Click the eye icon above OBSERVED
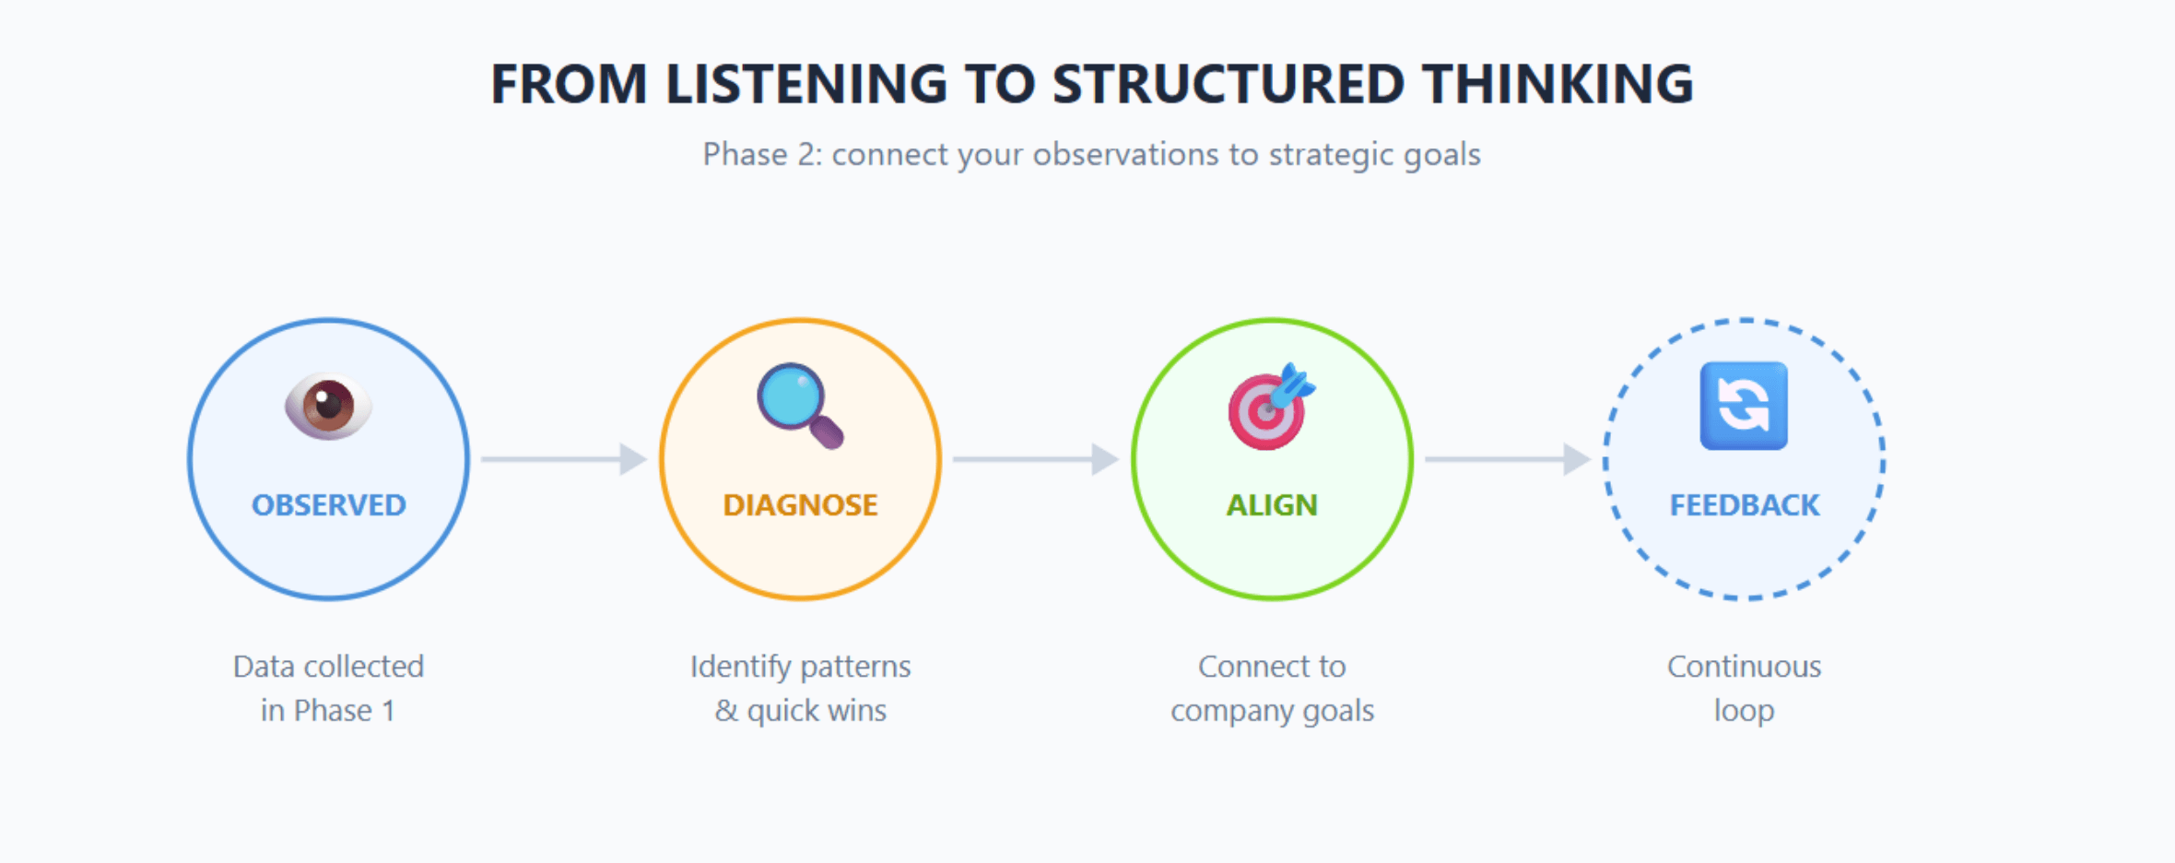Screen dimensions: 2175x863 click(x=328, y=407)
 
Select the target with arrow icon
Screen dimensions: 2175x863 click(x=1272, y=406)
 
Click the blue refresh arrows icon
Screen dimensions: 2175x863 click(x=1744, y=406)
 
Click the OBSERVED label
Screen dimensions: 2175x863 click(x=329, y=505)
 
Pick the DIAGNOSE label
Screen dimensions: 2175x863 click(x=800, y=505)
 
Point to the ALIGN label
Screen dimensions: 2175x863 click(x=1272, y=505)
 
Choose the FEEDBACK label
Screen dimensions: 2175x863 click(x=1745, y=505)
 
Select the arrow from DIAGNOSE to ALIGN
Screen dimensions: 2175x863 click(x=1036, y=458)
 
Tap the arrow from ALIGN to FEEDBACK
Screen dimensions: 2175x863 click(x=1508, y=458)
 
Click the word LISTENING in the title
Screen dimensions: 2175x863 click(x=806, y=84)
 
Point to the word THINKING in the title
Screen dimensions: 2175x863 click(x=1558, y=84)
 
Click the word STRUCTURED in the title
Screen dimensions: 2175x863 click(x=1229, y=84)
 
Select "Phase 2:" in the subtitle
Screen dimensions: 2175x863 click(x=762, y=154)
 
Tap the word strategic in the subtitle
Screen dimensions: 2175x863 click(x=1331, y=155)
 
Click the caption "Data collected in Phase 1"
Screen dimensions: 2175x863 click(x=328, y=688)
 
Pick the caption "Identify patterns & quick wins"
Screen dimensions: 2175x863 click(x=800, y=688)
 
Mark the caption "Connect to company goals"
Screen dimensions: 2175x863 click(x=1272, y=688)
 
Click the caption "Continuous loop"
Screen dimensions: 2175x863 click(x=1744, y=688)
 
